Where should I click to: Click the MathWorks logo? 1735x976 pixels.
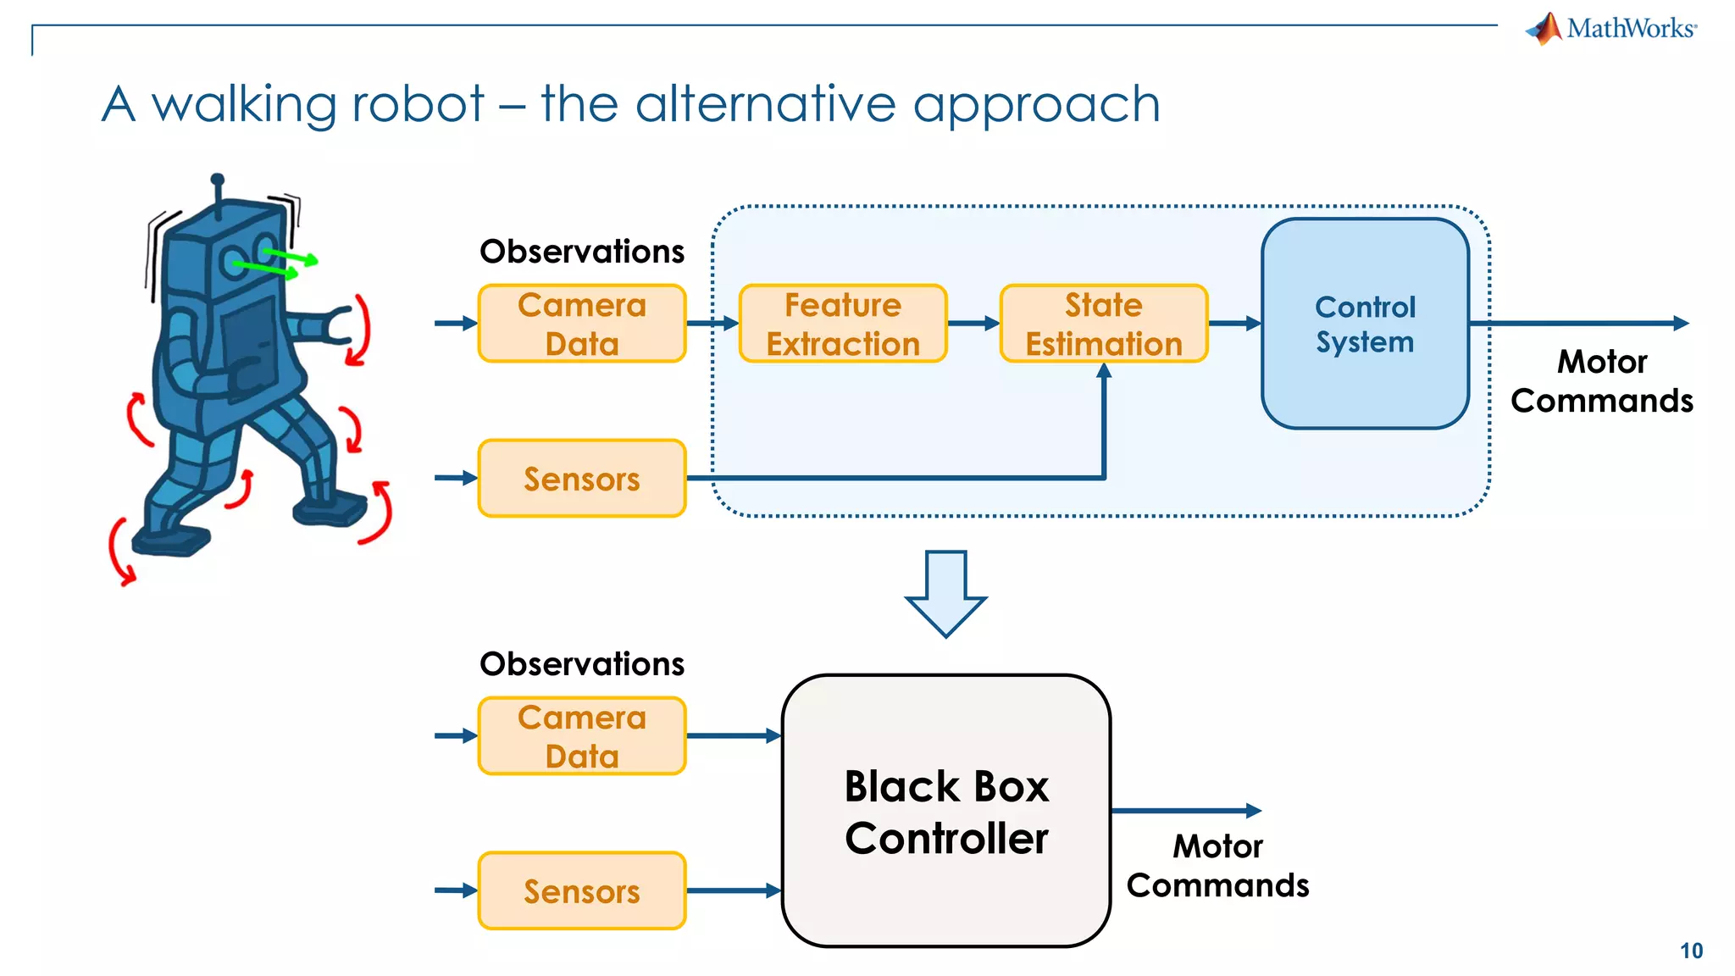[x=1611, y=29]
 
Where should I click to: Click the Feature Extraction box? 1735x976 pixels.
[x=842, y=324]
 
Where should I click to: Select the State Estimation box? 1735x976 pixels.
[x=1103, y=324]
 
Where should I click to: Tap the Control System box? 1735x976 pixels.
[x=1364, y=324]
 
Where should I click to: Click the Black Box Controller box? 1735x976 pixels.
[x=945, y=811]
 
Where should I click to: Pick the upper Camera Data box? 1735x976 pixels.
[x=581, y=324]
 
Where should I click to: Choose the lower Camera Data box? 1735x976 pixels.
[x=581, y=736]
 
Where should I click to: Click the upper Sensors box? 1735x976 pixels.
[x=581, y=479]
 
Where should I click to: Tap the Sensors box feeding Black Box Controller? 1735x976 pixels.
[x=581, y=891]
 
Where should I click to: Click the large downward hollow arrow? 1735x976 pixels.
[x=945, y=593]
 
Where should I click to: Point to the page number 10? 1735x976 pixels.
[x=1691, y=951]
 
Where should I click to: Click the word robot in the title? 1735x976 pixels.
[x=418, y=104]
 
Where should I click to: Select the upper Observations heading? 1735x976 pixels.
[x=581, y=252]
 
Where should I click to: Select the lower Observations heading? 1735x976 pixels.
[x=581, y=664]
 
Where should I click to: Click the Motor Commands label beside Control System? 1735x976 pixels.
[x=1601, y=381]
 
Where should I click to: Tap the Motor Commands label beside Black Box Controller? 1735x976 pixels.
[x=1217, y=866]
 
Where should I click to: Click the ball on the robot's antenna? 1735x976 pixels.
[x=218, y=180]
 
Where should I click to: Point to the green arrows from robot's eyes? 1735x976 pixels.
[x=280, y=263]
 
